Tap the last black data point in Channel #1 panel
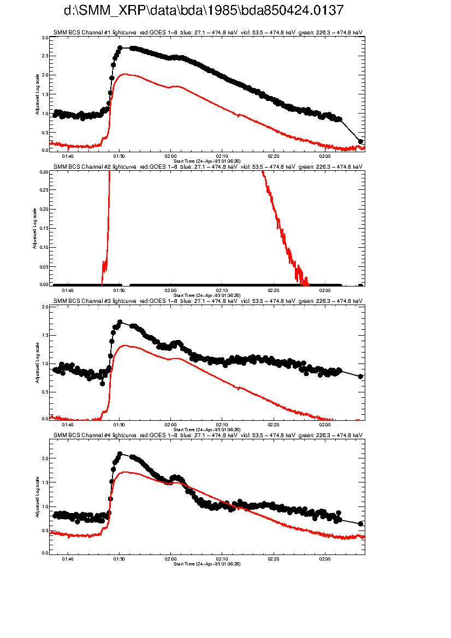pos(360,141)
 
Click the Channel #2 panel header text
pos(207,166)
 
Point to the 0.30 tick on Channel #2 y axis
pos(44,172)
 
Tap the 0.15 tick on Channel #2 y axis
pos(44,228)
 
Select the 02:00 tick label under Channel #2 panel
pos(171,290)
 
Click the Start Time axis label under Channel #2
pos(207,295)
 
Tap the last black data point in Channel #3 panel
pos(360,377)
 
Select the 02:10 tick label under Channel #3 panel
pos(222,425)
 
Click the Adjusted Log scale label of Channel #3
pos(37,362)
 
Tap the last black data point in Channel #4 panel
pos(360,524)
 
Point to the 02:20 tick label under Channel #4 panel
pos(274,559)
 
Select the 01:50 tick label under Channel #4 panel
pos(119,559)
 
